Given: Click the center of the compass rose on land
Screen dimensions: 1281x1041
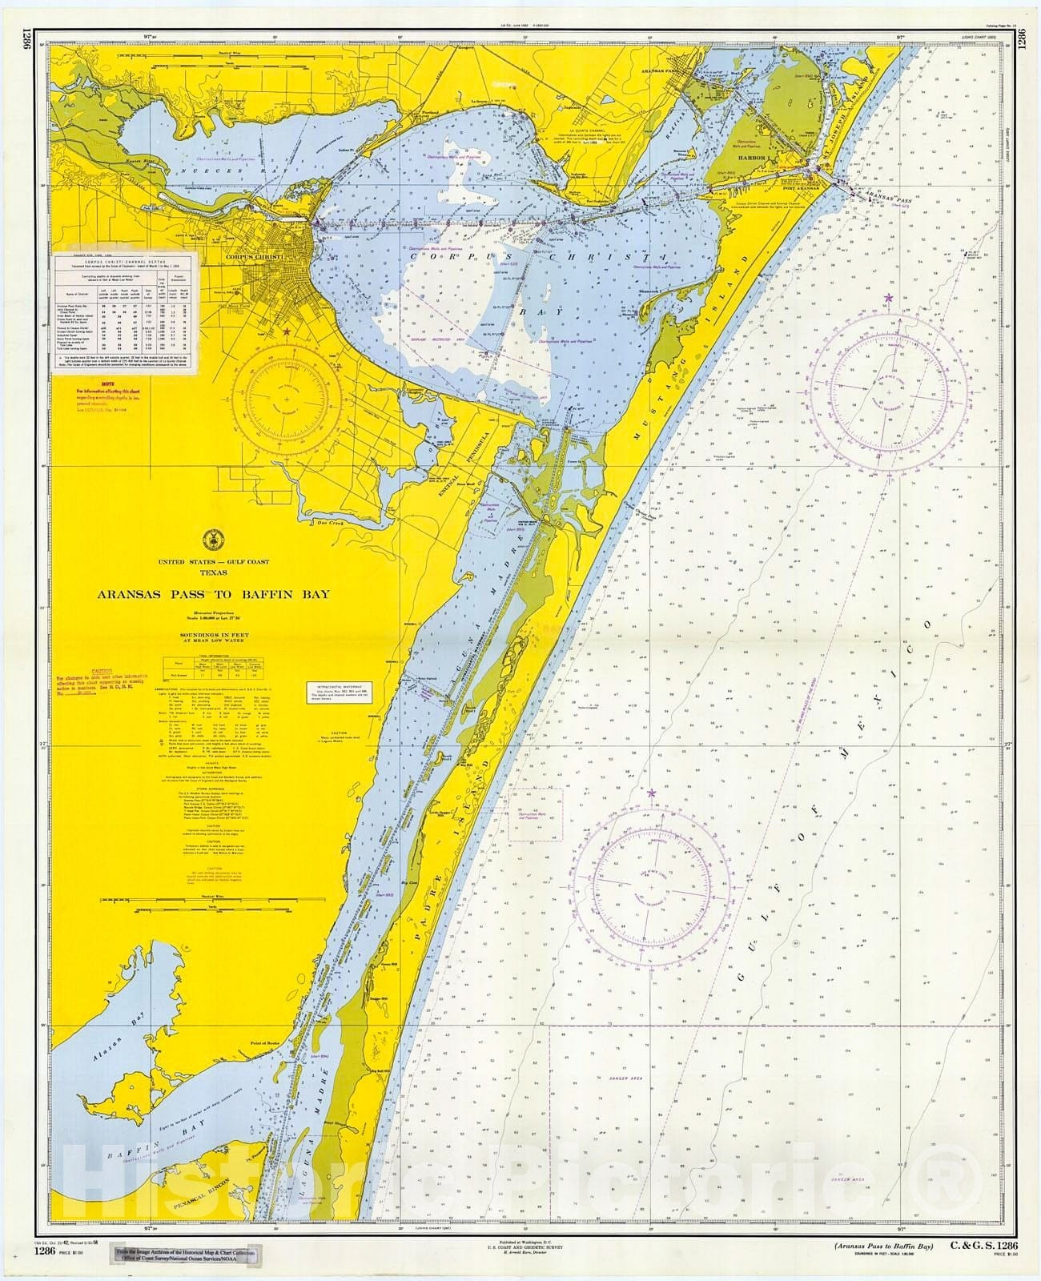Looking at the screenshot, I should click(x=286, y=399).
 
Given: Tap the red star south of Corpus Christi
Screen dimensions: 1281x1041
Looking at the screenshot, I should click(x=286, y=331).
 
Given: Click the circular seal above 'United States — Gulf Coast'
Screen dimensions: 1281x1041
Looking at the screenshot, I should click(x=211, y=537).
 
